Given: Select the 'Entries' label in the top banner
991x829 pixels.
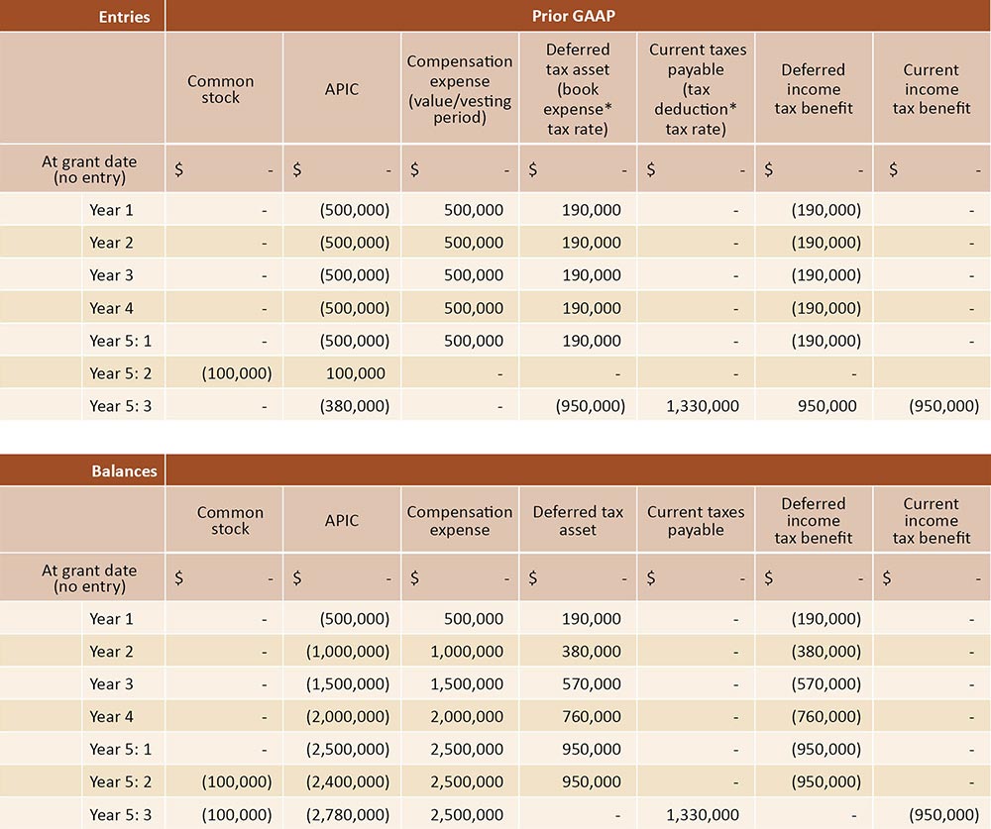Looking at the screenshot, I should (x=124, y=16).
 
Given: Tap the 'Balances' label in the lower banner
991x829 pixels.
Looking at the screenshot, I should (x=124, y=470).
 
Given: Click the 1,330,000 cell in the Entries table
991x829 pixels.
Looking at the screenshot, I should (x=696, y=406).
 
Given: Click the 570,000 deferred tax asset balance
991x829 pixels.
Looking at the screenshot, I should (x=591, y=684).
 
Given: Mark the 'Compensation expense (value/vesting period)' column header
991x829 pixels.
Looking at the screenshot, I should (x=460, y=87).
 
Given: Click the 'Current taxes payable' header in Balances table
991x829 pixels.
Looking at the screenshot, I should (x=696, y=521).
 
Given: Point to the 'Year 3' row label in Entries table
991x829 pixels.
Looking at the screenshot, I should (x=111, y=275).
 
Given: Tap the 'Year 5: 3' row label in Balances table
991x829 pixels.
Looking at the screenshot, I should (x=120, y=815).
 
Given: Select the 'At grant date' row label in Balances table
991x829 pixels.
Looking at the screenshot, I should (x=89, y=577).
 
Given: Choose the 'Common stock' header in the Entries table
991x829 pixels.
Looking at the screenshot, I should (x=221, y=89).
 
